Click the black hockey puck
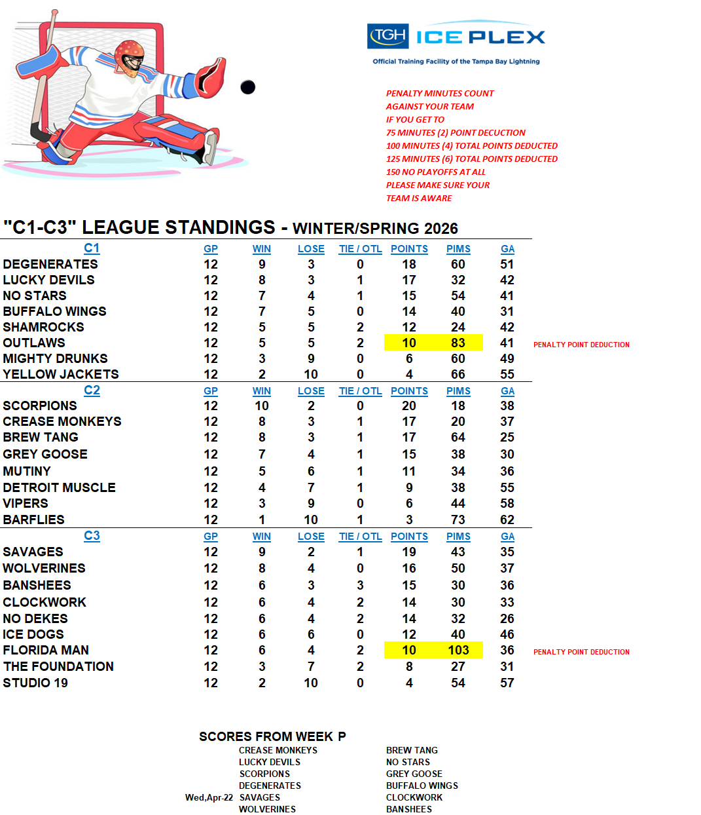[x=247, y=86]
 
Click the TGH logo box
[x=388, y=36]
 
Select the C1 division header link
[x=92, y=248]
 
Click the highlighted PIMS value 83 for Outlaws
[x=458, y=343]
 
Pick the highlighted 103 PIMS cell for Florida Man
[x=458, y=650]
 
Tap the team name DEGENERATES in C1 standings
[x=50, y=264]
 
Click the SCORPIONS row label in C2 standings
[x=40, y=406]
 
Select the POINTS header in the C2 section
[x=409, y=391]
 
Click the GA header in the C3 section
[x=507, y=537]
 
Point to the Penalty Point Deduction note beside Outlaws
[x=581, y=345]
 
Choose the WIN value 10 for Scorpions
[x=262, y=406]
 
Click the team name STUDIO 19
[x=35, y=683]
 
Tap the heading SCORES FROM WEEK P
[x=272, y=736]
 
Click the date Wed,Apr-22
[x=209, y=797]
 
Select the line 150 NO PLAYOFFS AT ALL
[x=436, y=172]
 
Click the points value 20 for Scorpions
[x=409, y=406]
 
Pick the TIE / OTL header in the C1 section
[x=360, y=249]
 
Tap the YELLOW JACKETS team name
[x=61, y=374]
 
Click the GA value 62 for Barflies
[x=507, y=520]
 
